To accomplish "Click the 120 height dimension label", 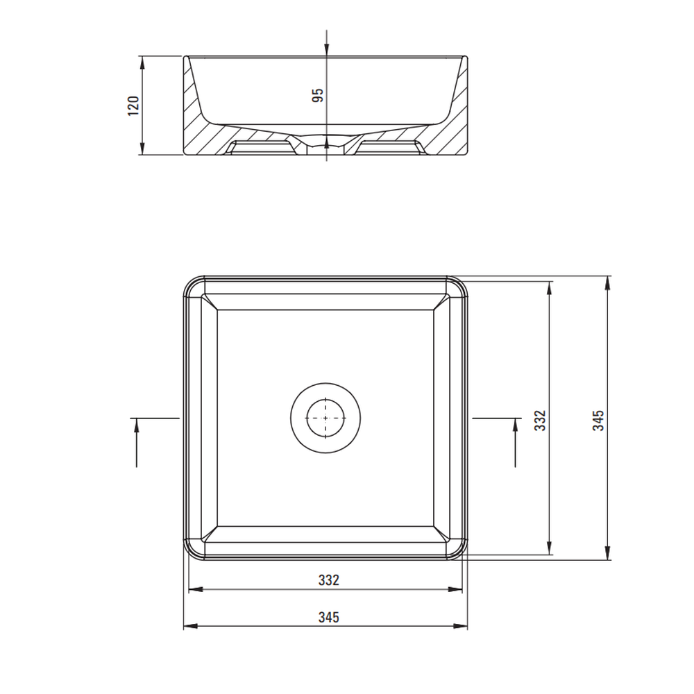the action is [134, 106].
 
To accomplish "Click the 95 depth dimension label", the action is [318, 96].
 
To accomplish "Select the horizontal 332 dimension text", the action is [329, 579].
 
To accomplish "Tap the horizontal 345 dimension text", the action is [329, 617].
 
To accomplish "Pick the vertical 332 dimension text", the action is [541, 421].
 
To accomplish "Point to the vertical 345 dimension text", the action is [598, 421].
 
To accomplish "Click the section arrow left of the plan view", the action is [136, 442].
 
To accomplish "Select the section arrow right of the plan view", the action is [515, 442].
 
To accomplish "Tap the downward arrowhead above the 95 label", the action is [327, 50].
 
